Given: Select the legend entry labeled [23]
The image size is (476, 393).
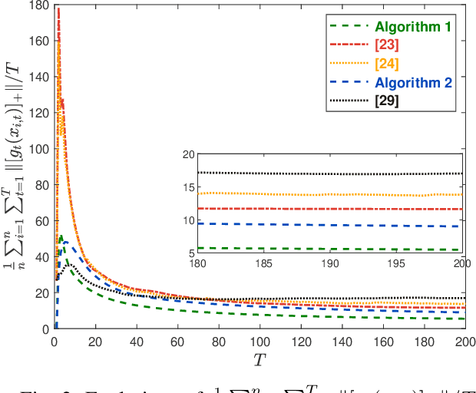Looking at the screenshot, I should (388, 45).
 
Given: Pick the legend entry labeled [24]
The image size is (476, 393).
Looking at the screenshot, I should (388, 63).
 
